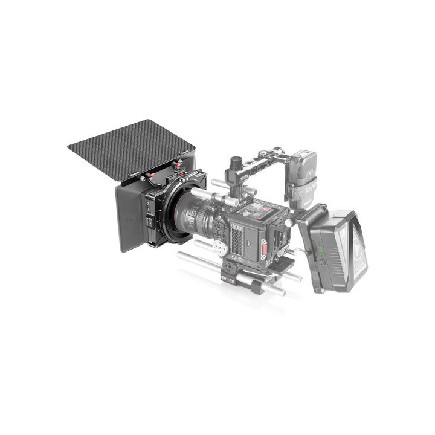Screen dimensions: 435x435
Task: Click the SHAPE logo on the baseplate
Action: (228, 279)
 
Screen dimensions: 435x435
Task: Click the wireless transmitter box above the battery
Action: (303, 166)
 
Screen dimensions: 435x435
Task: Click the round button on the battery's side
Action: (323, 262)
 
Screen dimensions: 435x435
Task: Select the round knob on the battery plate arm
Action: (289, 223)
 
